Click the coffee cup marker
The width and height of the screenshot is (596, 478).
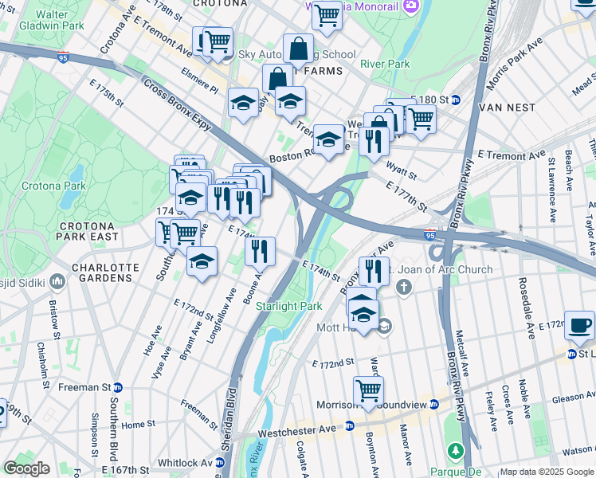coord(578,324)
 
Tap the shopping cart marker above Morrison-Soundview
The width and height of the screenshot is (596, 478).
coord(368,390)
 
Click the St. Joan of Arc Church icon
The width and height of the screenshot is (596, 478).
coord(405,287)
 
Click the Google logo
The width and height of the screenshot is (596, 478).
coord(26,468)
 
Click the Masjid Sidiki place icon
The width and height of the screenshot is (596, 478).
coord(57,282)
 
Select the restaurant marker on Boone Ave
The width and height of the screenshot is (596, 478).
coord(260,251)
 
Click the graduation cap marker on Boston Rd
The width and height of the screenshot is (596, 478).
coord(327,139)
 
